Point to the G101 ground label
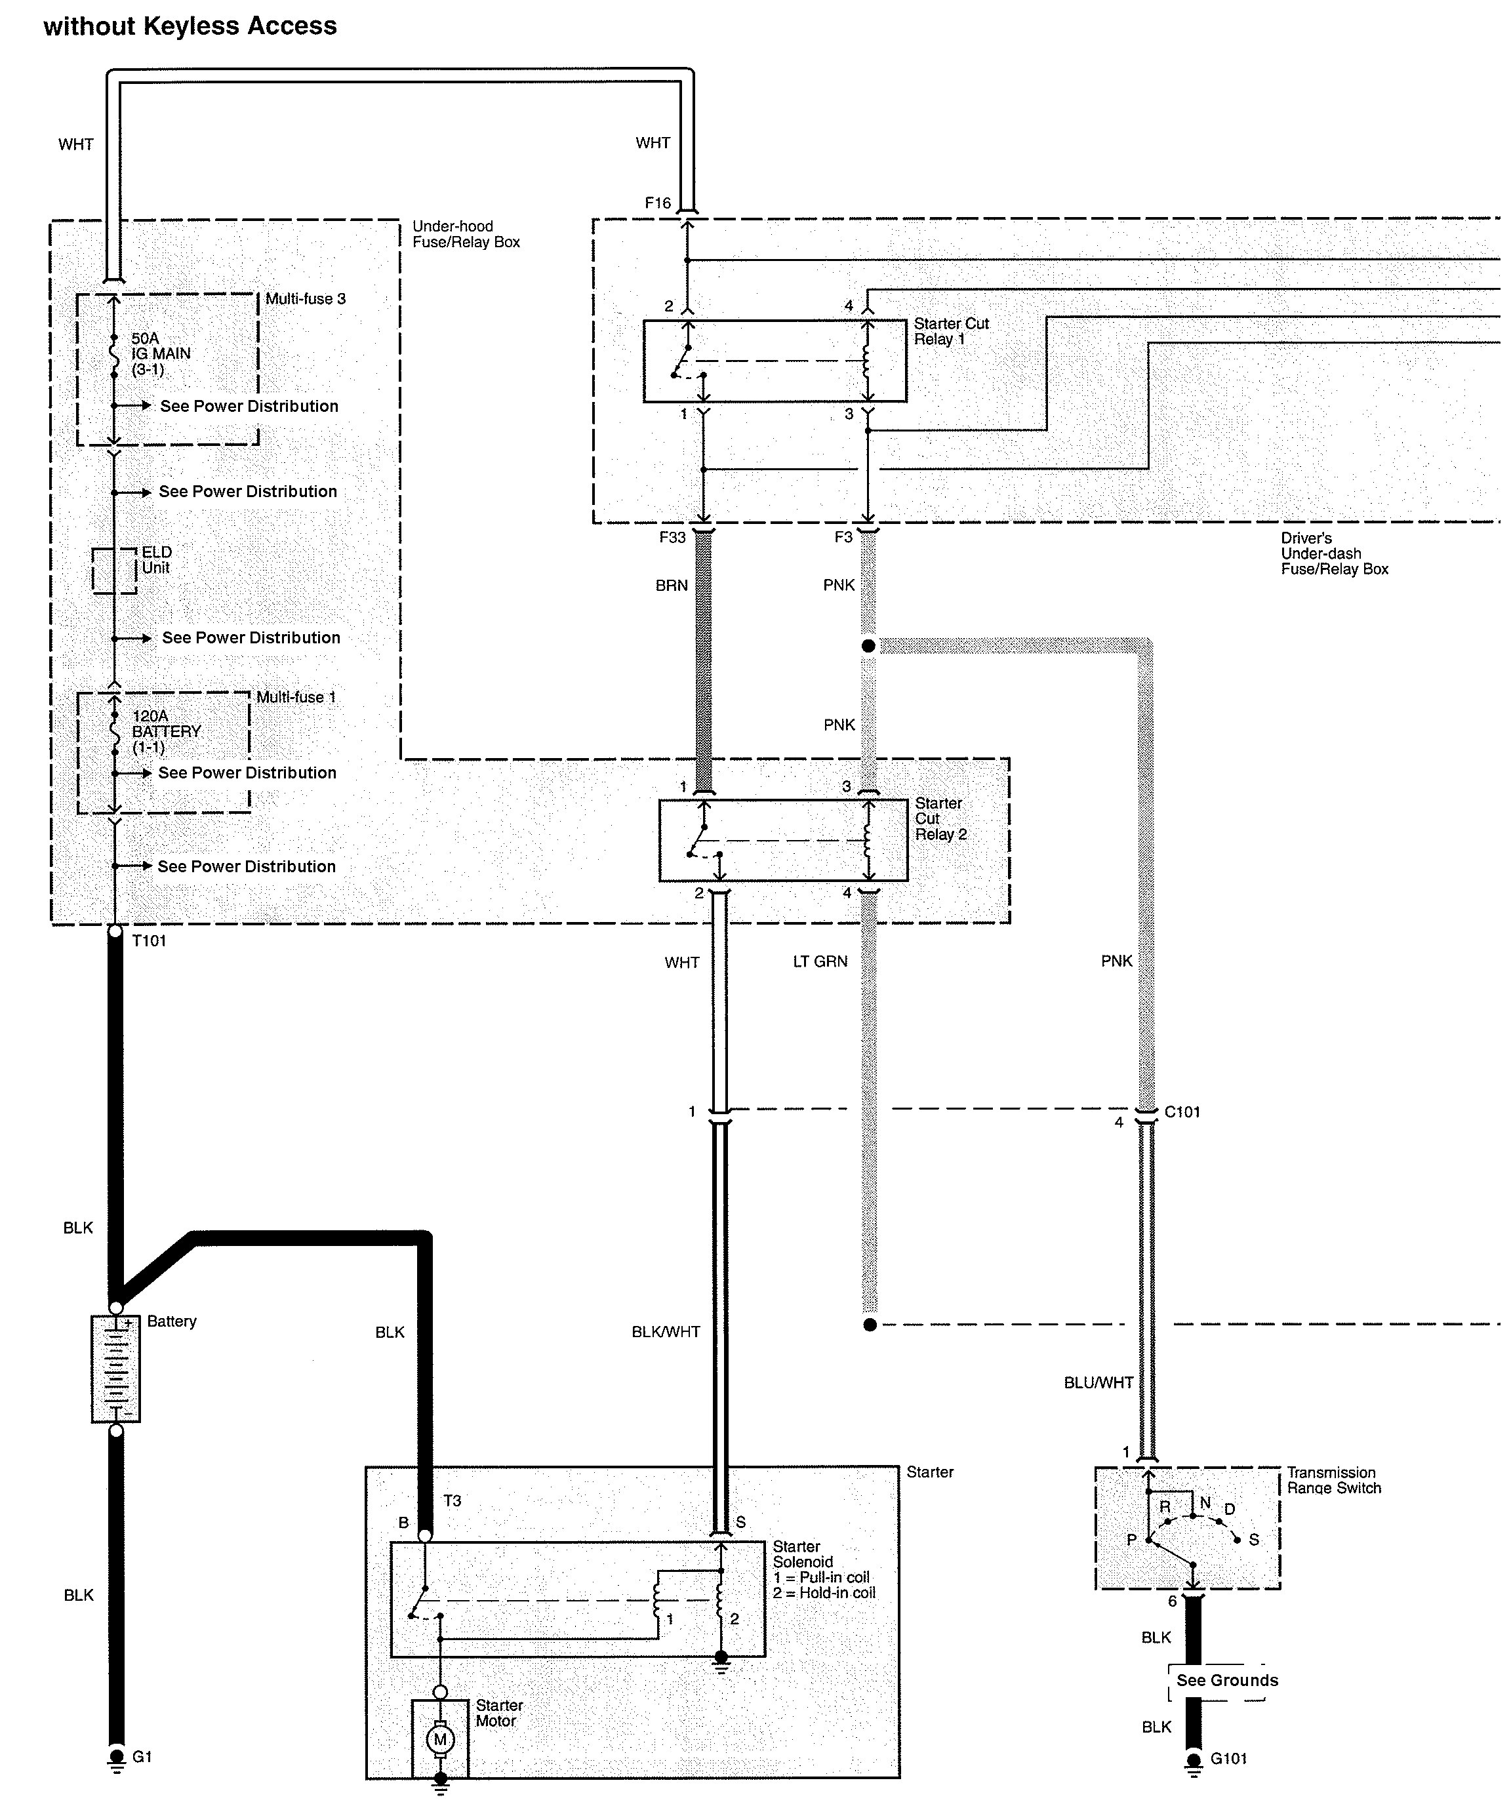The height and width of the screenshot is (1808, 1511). click(x=1228, y=1759)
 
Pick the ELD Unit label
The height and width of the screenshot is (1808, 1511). click(x=157, y=559)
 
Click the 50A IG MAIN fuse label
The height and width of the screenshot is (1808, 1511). click(x=161, y=354)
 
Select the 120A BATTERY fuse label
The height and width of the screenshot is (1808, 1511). click(x=166, y=731)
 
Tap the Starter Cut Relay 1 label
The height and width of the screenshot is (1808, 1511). click(x=952, y=331)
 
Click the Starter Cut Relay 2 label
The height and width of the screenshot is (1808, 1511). click(x=941, y=819)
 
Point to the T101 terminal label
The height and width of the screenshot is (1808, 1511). click(x=149, y=941)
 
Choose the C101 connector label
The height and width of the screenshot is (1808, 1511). click(x=1182, y=1112)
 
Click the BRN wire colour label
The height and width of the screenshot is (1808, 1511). click(x=672, y=586)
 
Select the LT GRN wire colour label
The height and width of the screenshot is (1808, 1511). click(x=820, y=961)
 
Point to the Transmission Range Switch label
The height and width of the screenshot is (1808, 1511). click(x=1334, y=1480)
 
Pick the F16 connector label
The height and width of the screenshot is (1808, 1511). click(x=658, y=203)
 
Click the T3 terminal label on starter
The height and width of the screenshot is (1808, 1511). click(x=452, y=1500)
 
